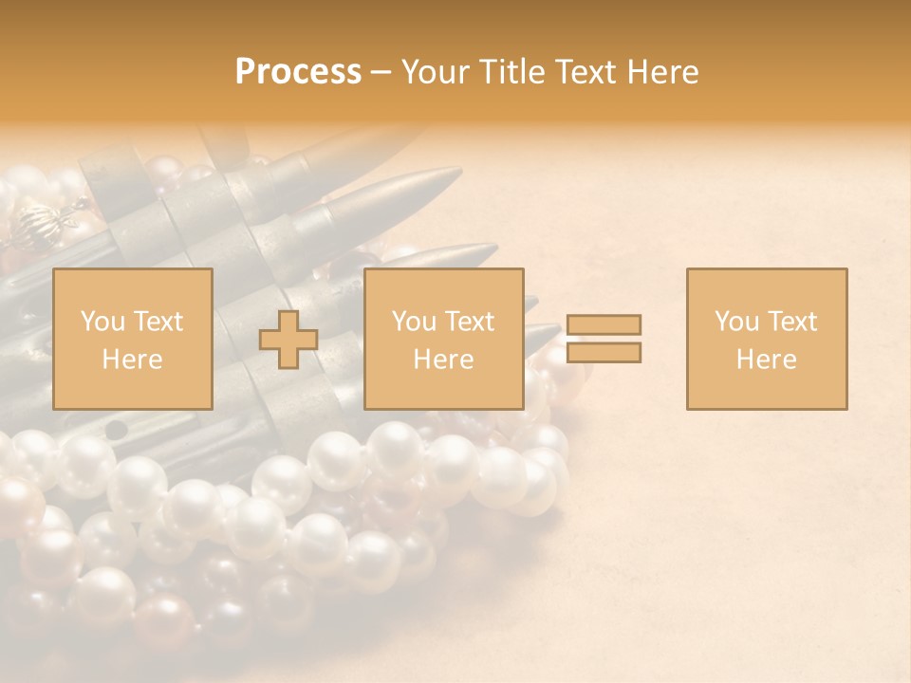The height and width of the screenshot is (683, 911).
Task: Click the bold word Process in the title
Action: tap(298, 72)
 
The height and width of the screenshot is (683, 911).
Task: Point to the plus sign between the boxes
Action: tap(288, 339)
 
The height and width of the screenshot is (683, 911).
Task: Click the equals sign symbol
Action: tap(604, 339)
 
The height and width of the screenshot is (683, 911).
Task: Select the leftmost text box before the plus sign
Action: tap(133, 339)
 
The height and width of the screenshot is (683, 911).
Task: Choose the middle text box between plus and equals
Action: tap(444, 339)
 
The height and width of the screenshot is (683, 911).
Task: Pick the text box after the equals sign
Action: tap(767, 339)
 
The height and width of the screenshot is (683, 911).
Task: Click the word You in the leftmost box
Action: tap(102, 322)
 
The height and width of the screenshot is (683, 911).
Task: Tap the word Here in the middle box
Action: tap(444, 360)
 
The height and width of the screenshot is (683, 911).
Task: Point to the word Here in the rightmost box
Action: tap(767, 360)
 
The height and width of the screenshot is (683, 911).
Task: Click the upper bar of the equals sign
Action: tap(604, 324)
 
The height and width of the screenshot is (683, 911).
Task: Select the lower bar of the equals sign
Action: tap(604, 352)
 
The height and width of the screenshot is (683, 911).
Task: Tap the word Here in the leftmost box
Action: tap(133, 360)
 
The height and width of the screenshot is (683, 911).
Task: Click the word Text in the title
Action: tap(583, 72)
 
